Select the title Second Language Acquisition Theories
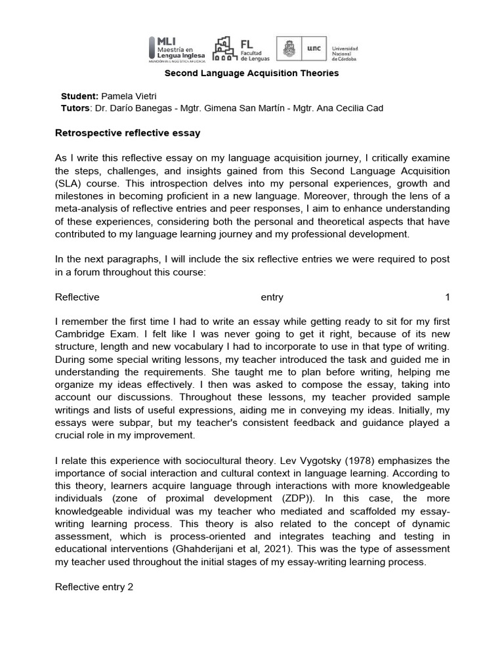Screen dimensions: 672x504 251,73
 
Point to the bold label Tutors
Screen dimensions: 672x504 75,108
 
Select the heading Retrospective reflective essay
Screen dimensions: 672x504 127,133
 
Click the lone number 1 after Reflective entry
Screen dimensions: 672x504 448,297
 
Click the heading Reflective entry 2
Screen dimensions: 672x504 94,587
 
